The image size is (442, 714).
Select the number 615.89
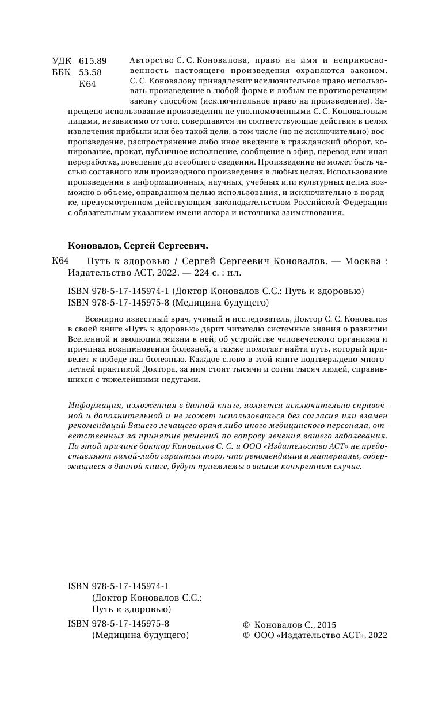click(93, 60)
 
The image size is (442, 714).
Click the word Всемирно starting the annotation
click(101, 319)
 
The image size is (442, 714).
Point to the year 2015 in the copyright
click(326, 625)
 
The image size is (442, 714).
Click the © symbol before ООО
click(247, 636)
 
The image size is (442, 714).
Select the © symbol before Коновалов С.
click(247, 625)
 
